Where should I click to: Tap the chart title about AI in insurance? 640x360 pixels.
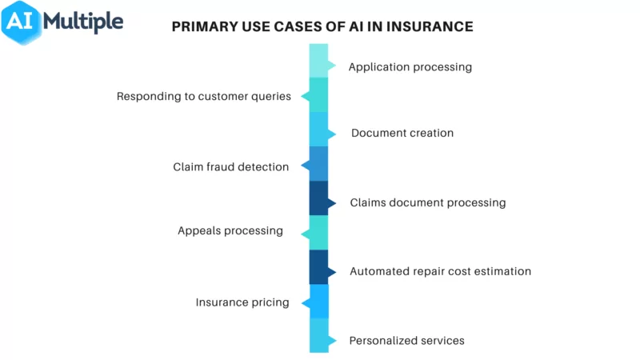pos(322,26)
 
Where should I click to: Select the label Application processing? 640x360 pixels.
pos(410,67)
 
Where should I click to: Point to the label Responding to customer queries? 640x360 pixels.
pos(203,97)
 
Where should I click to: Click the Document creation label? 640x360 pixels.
pos(402,133)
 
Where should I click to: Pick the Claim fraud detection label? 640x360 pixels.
pos(230,167)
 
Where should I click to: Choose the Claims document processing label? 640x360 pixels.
pos(427,202)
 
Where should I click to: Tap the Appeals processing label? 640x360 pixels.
pos(230,230)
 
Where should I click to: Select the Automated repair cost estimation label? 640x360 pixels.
pos(440,271)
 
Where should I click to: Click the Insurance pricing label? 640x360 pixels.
pos(242,302)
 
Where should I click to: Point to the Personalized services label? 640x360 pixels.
pos(406,340)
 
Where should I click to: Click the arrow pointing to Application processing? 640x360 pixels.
pos(332,66)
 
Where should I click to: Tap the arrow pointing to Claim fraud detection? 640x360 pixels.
pos(305,166)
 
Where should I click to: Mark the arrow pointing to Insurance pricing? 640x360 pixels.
pos(305,303)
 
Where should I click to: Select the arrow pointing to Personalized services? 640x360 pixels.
pos(332,340)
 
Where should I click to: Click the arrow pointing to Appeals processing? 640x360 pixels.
pos(305,234)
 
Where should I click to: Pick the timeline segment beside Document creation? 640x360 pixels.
pos(318,129)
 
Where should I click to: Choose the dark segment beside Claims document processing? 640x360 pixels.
pos(318,198)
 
